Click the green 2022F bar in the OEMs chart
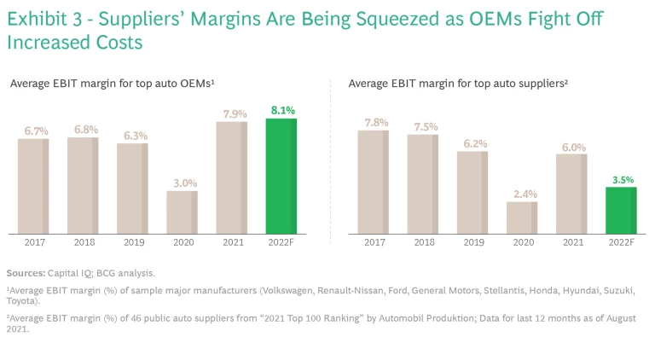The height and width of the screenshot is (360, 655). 281,176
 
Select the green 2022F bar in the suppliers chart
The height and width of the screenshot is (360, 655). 621,210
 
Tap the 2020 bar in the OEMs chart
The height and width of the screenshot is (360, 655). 182,212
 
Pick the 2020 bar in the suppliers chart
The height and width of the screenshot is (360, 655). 522,217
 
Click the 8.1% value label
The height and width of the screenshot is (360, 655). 281,110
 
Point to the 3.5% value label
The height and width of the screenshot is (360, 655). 621,179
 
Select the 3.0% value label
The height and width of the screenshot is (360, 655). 182,183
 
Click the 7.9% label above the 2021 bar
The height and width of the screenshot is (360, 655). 232,113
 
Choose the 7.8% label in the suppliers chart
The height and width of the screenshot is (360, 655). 373,123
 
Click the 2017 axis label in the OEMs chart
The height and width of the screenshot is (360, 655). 33,243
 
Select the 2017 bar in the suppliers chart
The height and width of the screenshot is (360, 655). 373,182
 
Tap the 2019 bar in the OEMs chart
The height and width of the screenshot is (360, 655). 132,188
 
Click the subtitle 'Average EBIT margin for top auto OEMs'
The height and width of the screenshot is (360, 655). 112,84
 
